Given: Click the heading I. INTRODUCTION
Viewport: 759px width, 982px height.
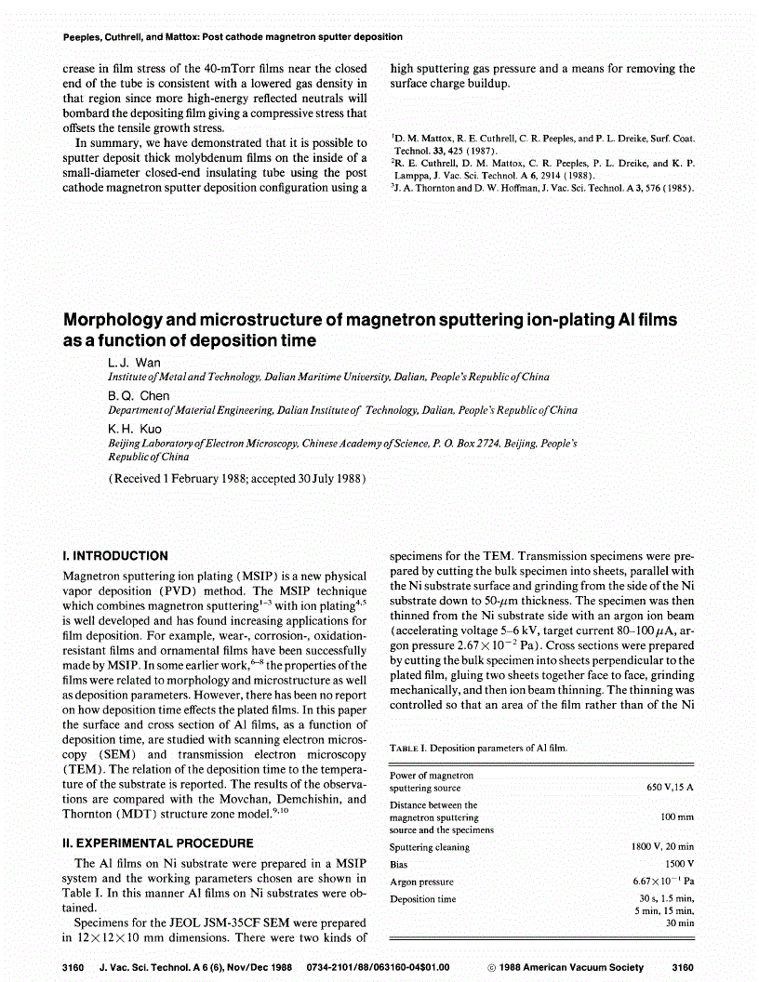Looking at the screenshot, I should tap(114, 556).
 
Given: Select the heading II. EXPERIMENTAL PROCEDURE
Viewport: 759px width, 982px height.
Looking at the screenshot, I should tap(157, 843).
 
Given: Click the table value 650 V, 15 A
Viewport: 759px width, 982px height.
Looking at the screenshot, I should tap(671, 788).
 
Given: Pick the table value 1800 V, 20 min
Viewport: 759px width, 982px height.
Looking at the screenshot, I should tap(662, 847).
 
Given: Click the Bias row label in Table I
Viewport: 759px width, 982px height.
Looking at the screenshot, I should tap(400, 865).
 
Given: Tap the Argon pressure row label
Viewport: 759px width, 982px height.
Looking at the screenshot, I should tap(421, 882).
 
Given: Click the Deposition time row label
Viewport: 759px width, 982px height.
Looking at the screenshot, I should tap(422, 899).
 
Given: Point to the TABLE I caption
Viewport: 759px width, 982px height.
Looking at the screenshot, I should tap(478, 748).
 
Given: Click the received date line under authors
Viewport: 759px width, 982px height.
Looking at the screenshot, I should tap(237, 479).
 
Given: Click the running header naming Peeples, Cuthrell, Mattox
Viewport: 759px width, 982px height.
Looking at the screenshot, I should tap(233, 37).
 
